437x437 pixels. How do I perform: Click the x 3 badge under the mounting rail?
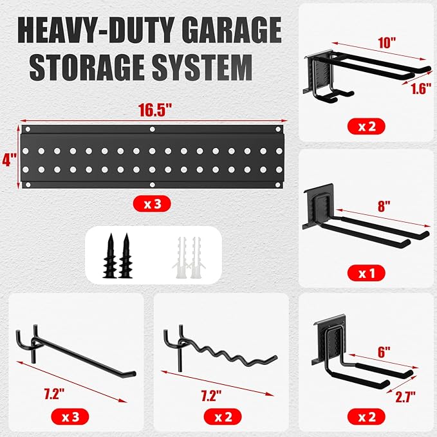[152, 205]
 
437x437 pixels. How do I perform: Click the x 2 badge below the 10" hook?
[366, 126]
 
